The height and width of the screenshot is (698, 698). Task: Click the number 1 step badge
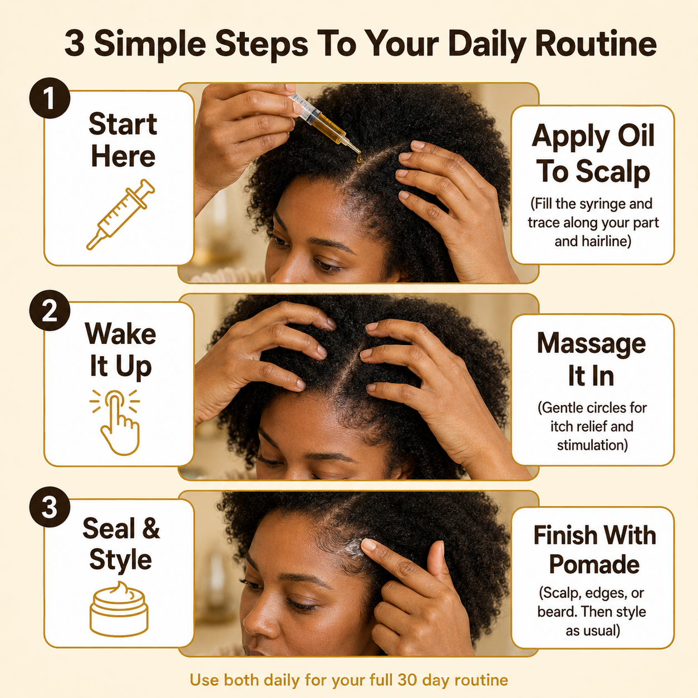tap(50, 98)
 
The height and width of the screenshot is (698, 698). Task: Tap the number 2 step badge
tap(50, 311)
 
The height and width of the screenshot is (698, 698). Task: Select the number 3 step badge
tap(50, 507)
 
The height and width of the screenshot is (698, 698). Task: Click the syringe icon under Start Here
tap(121, 214)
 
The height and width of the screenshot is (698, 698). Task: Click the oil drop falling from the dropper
tap(359, 159)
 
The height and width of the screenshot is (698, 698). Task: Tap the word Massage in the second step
tap(591, 343)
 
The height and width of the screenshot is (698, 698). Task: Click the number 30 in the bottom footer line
tap(406, 680)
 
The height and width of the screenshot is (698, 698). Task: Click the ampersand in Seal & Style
tap(151, 529)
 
